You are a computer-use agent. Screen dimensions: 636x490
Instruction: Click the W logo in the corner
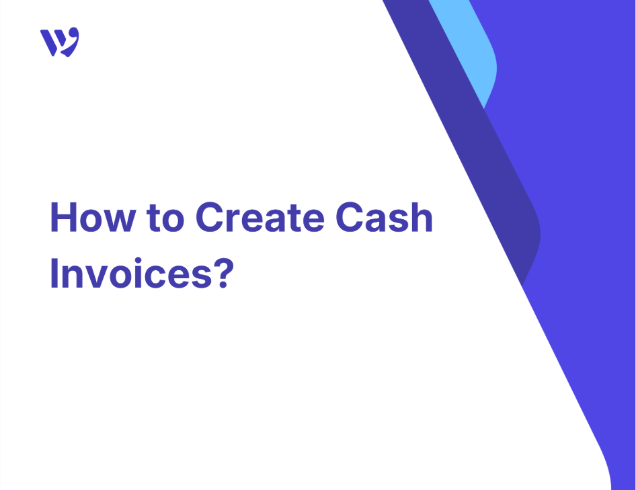tap(60, 42)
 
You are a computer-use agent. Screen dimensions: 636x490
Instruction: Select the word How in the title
tap(93, 217)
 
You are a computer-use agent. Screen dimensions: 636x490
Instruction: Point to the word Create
tap(260, 217)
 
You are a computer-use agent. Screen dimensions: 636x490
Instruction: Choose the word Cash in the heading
tap(385, 217)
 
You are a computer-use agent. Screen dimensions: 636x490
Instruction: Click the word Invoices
tap(131, 273)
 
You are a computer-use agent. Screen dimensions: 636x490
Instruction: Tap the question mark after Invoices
tap(223, 273)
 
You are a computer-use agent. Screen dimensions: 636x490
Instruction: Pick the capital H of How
tap(63, 217)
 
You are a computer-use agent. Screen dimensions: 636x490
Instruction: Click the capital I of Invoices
tap(54, 273)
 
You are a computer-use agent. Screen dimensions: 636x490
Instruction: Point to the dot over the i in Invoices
tap(138, 260)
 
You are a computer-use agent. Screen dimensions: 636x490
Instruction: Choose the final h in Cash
tap(422, 217)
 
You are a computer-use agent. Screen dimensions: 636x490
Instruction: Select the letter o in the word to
tap(173, 221)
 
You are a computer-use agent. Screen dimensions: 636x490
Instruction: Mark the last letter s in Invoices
tap(202, 277)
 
